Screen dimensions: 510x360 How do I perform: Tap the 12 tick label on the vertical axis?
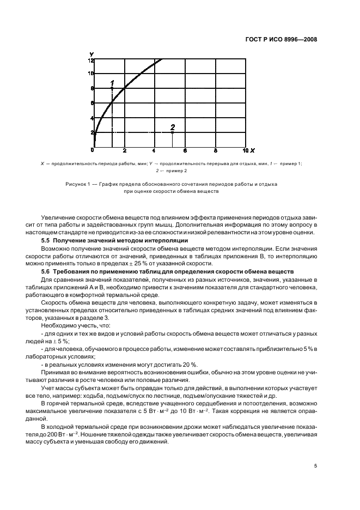[91, 60]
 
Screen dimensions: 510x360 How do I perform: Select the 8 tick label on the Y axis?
[92, 88]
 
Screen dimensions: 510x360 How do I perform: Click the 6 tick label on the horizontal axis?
[185, 150]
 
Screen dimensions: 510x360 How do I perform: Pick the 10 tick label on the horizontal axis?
[245, 150]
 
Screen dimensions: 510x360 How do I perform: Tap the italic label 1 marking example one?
[112, 82]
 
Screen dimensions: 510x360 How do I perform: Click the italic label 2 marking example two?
[173, 126]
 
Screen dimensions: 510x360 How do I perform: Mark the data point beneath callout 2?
[173, 132]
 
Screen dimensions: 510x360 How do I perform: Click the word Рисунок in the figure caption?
[76, 184]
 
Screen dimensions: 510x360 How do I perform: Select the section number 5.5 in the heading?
[47, 240]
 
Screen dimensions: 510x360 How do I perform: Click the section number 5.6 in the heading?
[47, 271]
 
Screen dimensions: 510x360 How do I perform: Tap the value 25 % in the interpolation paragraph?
[129, 263]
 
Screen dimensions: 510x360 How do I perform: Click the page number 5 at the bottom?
[315, 466]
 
